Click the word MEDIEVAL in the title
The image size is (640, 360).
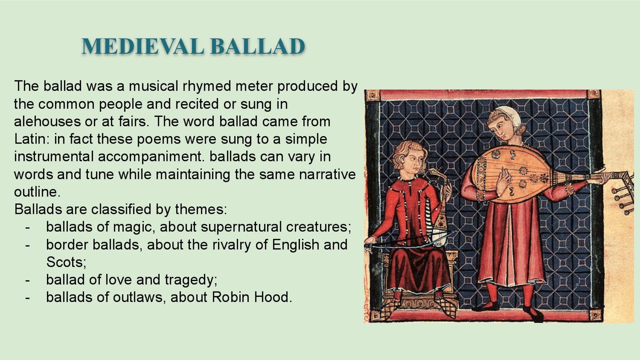(x=142, y=46)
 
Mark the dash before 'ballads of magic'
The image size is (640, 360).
(x=27, y=227)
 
